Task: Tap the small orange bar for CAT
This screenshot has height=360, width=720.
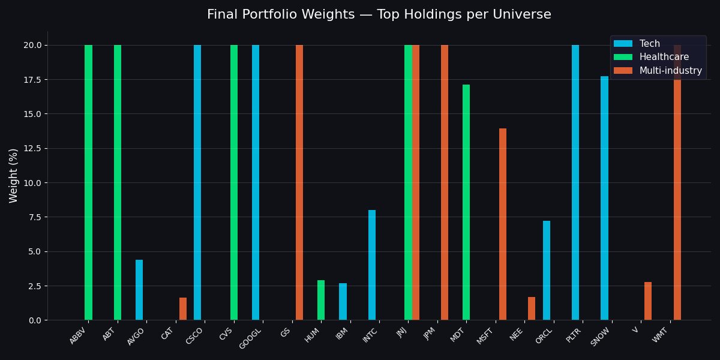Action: (x=183, y=309)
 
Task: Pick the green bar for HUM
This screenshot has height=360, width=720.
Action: (x=321, y=300)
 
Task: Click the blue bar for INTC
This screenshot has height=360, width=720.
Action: (x=372, y=265)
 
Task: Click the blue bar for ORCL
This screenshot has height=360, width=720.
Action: (x=547, y=270)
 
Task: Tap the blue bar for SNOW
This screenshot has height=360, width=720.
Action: (x=604, y=198)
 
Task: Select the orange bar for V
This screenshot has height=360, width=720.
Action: (x=648, y=301)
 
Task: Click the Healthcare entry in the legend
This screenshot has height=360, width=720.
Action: (x=664, y=57)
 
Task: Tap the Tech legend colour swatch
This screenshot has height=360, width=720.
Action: (x=623, y=44)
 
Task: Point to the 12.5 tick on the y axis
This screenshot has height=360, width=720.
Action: (x=31, y=148)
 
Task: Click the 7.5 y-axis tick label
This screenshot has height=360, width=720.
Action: (x=34, y=217)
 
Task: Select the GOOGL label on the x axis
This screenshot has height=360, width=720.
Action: (x=251, y=339)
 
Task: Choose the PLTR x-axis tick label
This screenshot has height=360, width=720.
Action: (x=574, y=335)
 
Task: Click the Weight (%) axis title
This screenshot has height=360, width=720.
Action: (x=14, y=175)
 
